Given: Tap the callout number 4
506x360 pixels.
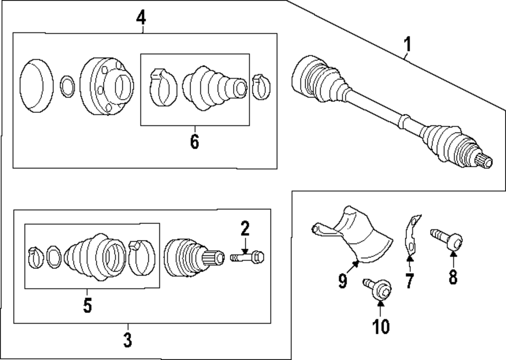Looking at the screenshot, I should (141, 19).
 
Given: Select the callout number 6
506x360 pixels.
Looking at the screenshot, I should (194, 142).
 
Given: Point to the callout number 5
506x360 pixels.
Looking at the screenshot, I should (87, 305).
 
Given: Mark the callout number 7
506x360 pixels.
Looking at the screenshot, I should (409, 281).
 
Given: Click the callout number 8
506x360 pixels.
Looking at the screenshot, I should (452, 277).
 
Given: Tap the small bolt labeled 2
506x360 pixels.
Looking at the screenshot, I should (248, 257).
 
